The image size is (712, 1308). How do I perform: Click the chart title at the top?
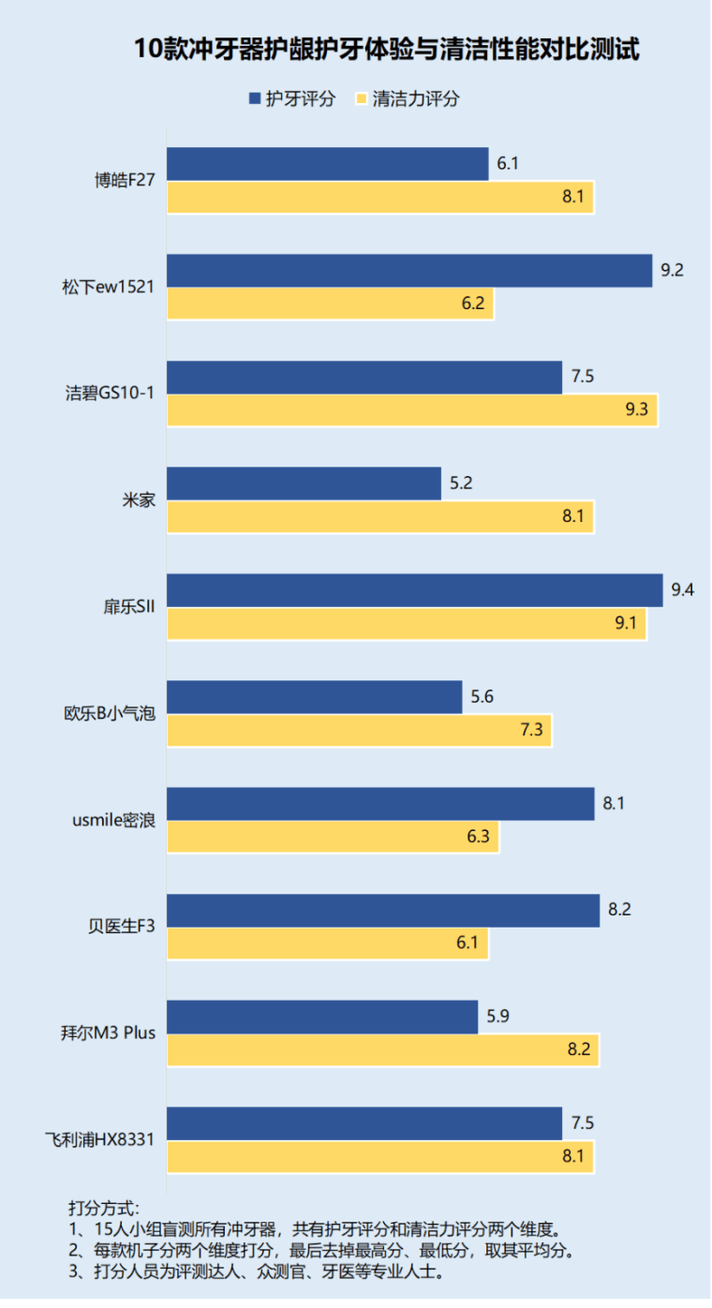coord(385,49)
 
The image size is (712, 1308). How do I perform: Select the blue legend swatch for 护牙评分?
coord(255,98)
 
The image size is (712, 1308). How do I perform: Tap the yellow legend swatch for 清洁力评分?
coord(361,98)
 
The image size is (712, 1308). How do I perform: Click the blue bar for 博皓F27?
coord(328,164)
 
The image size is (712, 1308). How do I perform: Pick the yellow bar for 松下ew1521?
coord(331,305)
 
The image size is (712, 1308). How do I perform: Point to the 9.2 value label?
coord(672,271)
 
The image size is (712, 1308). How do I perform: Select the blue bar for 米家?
coord(304,483)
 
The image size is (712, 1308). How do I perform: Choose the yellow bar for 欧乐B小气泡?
coord(360,731)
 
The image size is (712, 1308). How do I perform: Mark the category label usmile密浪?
coord(113,820)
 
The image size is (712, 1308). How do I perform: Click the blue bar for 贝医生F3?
coord(383,910)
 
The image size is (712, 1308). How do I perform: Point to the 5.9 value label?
coord(497,1017)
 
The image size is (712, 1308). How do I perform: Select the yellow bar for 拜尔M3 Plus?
coord(383,1050)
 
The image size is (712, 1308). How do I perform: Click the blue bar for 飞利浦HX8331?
coord(364,1123)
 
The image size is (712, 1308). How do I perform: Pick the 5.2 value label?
coord(460,483)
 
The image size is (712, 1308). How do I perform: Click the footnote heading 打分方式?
coord(103,1208)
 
